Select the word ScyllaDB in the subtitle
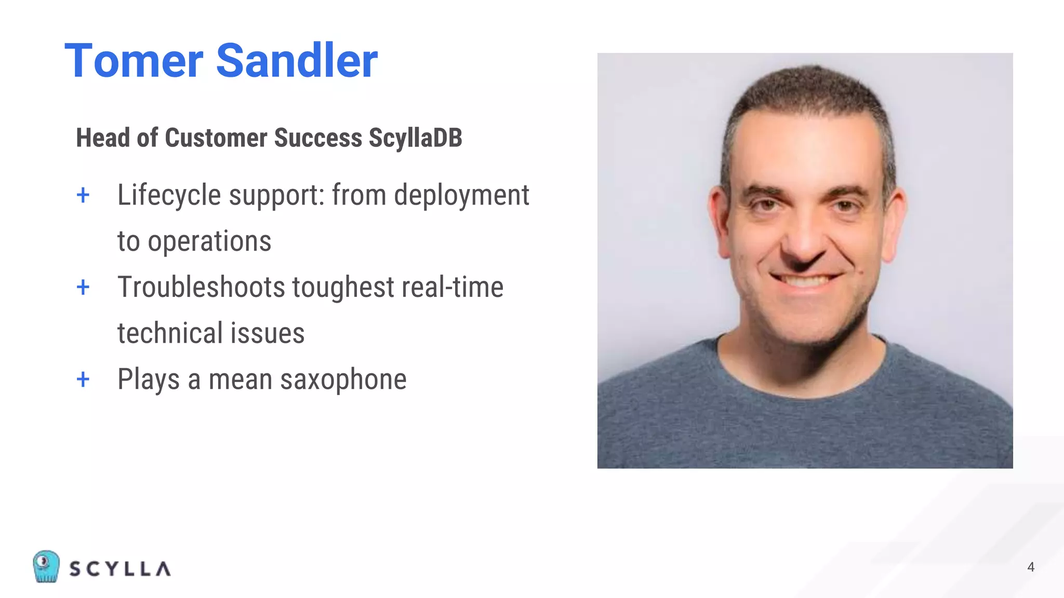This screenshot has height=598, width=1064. click(x=415, y=138)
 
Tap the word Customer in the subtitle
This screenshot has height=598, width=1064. click(x=216, y=138)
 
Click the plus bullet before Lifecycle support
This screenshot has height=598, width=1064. click(x=83, y=196)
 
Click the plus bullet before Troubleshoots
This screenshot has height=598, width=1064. click(x=83, y=287)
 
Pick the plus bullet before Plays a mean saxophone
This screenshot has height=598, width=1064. click(x=83, y=379)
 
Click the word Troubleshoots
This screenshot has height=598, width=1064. click(x=201, y=287)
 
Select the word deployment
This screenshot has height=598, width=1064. click(x=461, y=196)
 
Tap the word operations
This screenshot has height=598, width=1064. click(x=209, y=241)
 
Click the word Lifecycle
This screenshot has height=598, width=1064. click(x=169, y=196)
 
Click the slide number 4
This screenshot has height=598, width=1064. click(x=1031, y=567)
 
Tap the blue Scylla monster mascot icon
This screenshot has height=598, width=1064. click(x=46, y=566)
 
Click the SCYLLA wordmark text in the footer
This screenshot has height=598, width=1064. click(x=120, y=569)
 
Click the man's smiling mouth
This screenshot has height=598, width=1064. click(x=805, y=281)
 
